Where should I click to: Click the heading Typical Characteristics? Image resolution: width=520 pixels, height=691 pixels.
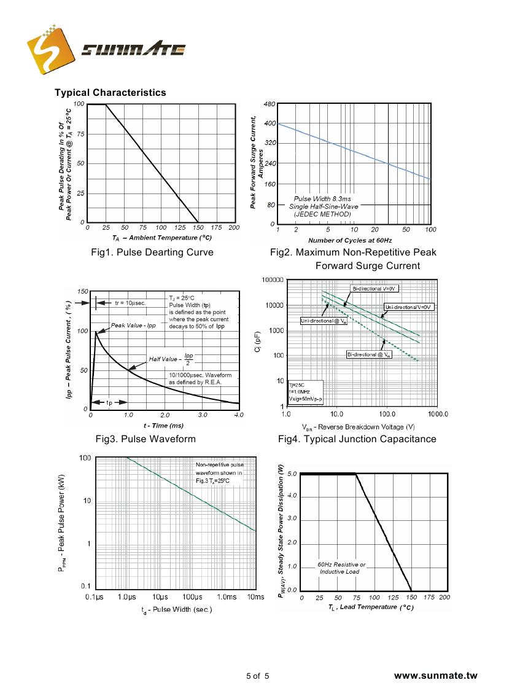tap(111, 93)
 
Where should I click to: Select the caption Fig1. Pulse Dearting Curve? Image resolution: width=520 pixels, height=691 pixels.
tap(152, 252)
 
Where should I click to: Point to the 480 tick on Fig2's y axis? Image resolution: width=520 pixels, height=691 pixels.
tap(269, 104)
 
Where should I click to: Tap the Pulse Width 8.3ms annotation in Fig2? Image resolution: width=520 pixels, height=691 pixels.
tap(322, 200)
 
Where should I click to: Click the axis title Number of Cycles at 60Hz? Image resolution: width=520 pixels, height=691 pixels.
tap(350, 240)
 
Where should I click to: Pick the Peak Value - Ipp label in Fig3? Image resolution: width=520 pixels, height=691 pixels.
tap(133, 325)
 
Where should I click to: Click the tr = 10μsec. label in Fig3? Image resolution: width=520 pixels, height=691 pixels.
tap(130, 303)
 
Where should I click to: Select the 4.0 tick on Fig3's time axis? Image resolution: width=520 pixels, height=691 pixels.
tap(239, 415)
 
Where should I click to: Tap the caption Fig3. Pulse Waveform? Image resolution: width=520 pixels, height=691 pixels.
tap(146, 439)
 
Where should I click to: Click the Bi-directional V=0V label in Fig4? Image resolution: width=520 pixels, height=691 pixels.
tap(375, 288)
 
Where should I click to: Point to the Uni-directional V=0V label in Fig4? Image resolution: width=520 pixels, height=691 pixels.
tap(409, 306)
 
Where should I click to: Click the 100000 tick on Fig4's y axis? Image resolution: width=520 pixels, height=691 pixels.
tap(272, 281)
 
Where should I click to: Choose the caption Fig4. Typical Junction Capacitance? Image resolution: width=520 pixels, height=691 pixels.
tap(357, 439)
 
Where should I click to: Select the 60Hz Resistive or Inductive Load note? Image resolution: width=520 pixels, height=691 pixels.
tap(341, 568)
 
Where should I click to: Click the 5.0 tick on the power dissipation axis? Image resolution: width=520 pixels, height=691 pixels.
tap(291, 474)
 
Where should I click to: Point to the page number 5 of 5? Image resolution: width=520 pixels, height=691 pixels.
tap(257, 676)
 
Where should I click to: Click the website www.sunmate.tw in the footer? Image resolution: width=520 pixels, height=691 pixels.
tap(435, 676)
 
